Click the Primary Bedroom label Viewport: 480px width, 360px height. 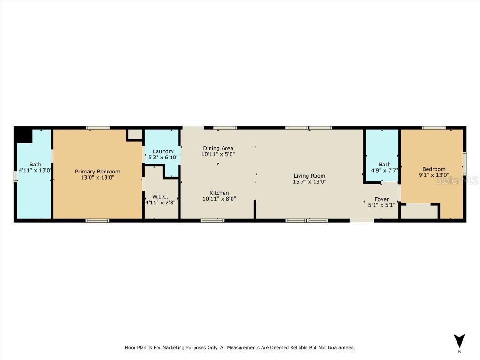[x=97, y=172]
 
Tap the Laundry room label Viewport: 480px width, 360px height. [x=163, y=151]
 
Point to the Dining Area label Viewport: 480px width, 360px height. [x=218, y=149]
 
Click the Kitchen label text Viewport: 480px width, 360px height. [x=219, y=193]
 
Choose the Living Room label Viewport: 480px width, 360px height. [x=309, y=176]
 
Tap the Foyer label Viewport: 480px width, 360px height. [x=382, y=199]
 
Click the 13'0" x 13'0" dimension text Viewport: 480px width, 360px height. [x=97, y=178]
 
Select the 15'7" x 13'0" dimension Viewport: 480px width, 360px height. [x=309, y=182]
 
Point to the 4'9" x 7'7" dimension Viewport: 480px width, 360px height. [x=385, y=171]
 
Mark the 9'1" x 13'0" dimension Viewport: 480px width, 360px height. [x=434, y=175]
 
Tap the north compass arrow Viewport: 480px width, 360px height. [x=459, y=341]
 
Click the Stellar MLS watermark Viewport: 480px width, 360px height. [x=464, y=180]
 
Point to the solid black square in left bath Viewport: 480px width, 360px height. [x=23, y=135]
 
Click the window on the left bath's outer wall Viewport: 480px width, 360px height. [x=15, y=177]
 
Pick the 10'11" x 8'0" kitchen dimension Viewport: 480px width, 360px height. [x=219, y=199]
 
